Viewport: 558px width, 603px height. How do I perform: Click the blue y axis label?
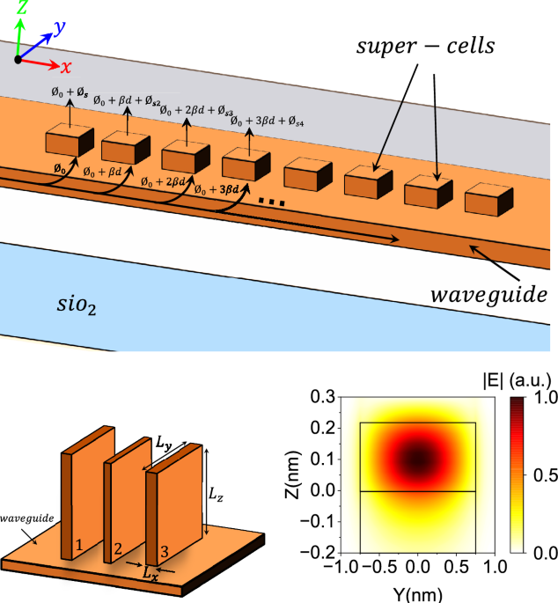point(60,29)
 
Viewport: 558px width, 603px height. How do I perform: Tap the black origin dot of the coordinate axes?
point(17,59)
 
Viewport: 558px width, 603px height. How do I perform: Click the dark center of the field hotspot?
point(419,460)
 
